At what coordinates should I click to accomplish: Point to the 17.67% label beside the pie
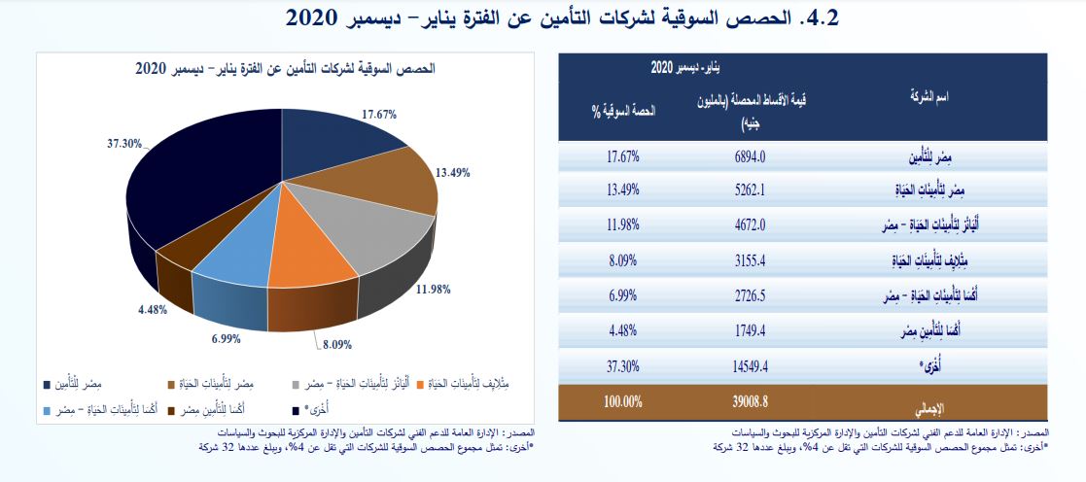point(378,114)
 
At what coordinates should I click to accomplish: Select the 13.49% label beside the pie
point(453,173)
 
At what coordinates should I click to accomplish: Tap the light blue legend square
point(48,410)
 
